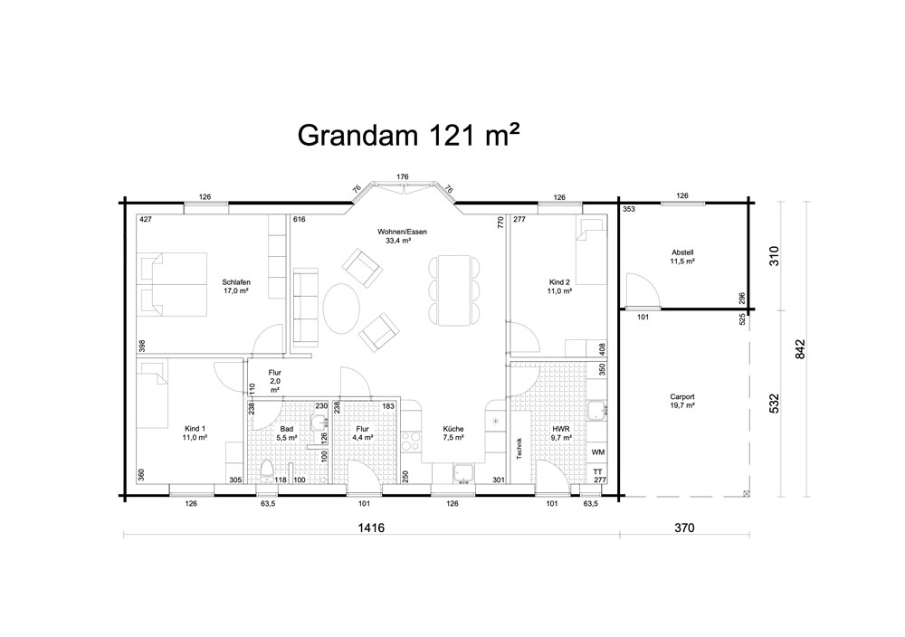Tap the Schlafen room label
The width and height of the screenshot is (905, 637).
(236, 282)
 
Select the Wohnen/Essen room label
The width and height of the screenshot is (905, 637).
(403, 232)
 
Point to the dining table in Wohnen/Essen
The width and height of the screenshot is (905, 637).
(454, 291)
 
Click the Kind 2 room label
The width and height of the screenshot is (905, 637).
(559, 282)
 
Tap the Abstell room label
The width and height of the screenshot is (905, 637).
(682, 252)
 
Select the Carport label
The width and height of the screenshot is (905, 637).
(682, 397)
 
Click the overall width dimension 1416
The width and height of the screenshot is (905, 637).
(370, 528)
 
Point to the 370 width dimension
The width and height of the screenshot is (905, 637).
(684, 528)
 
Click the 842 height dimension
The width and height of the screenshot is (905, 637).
(800, 348)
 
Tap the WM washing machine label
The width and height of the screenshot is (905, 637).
(598, 452)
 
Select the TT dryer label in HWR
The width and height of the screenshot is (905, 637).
(598, 472)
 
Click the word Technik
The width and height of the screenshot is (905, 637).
(519, 447)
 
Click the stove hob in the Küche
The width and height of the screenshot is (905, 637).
(412, 442)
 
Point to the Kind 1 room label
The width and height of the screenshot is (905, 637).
(195, 429)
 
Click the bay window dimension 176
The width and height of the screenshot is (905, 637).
(403, 176)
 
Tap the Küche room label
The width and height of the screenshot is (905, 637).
(453, 429)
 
